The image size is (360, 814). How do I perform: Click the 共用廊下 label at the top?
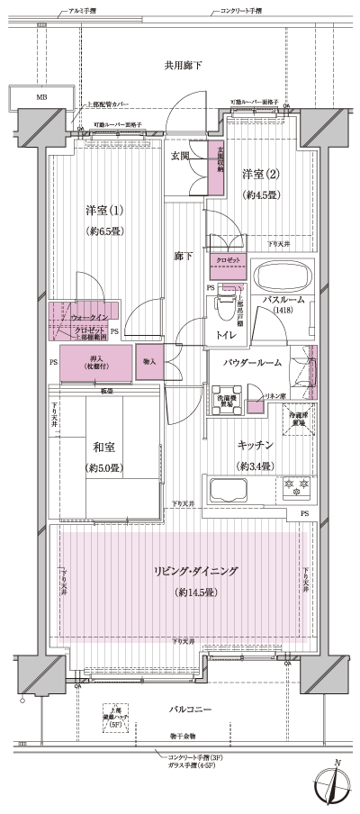point(183,66)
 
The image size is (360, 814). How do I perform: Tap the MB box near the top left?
point(41,97)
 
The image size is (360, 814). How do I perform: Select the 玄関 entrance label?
point(181,157)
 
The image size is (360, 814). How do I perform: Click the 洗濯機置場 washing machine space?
point(224,401)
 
